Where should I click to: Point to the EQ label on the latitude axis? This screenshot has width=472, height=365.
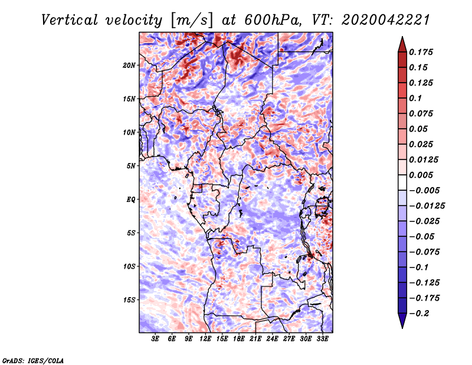pos(131,199)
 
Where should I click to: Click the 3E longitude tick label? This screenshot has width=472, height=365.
pos(156,339)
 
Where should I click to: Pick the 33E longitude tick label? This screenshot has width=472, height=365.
pos(322,339)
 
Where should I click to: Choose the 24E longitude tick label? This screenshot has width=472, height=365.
pos(272,339)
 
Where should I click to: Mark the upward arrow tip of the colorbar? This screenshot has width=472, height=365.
pos(402,38)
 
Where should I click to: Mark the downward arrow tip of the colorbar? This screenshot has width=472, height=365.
pos(402,327)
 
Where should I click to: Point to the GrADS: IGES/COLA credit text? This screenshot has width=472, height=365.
pos(33,360)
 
